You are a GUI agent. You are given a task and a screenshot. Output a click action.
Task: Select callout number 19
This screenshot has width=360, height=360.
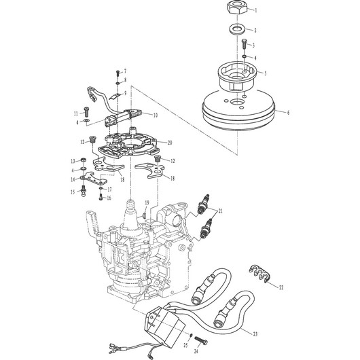(145, 202)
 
